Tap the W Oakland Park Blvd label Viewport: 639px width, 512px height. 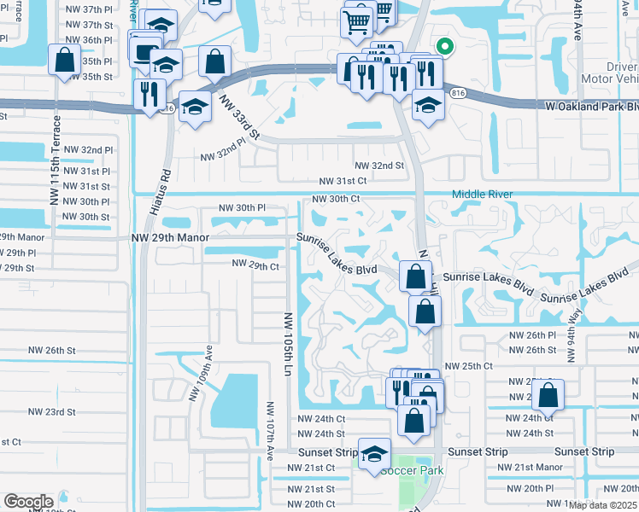pos(591,108)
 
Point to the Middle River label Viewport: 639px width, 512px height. pos(482,195)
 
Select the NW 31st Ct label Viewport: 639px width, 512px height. pos(343,182)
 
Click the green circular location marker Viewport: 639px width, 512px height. pos(443,47)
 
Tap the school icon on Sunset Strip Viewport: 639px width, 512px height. pos(374,455)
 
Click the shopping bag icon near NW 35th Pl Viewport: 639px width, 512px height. pos(64,61)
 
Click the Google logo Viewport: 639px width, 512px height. pos(28,502)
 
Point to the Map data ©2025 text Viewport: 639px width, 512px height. pos(602,505)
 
